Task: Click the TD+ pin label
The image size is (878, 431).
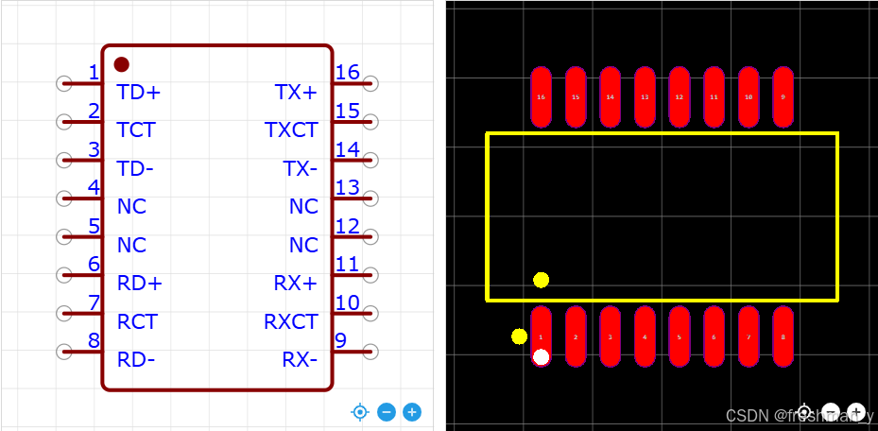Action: click(x=138, y=92)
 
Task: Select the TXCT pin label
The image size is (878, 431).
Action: click(x=291, y=129)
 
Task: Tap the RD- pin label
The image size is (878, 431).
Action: click(x=136, y=359)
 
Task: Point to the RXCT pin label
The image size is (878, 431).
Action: click(x=291, y=321)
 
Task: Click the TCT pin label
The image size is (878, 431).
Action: click(x=136, y=129)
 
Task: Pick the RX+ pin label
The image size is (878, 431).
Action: click(x=296, y=283)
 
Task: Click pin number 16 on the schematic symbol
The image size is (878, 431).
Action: click(x=347, y=73)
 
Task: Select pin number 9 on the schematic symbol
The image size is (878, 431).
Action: click(x=340, y=340)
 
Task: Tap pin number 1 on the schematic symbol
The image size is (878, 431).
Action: click(x=93, y=73)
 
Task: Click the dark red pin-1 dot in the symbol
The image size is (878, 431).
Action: click(x=122, y=64)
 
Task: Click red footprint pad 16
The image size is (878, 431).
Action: click(x=541, y=96)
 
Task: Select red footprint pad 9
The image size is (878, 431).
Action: click(x=783, y=96)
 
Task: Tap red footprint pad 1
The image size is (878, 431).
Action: click(x=541, y=336)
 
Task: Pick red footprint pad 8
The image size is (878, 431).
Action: click(x=783, y=336)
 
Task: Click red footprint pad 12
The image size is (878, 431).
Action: click(x=679, y=96)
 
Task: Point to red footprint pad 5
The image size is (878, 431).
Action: click(x=679, y=336)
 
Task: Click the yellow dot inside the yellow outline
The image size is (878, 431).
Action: click(x=541, y=280)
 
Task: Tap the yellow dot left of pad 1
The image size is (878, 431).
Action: click(x=519, y=336)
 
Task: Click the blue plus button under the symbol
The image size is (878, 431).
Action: click(x=412, y=412)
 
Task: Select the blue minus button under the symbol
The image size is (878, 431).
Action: click(x=386, y=412)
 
